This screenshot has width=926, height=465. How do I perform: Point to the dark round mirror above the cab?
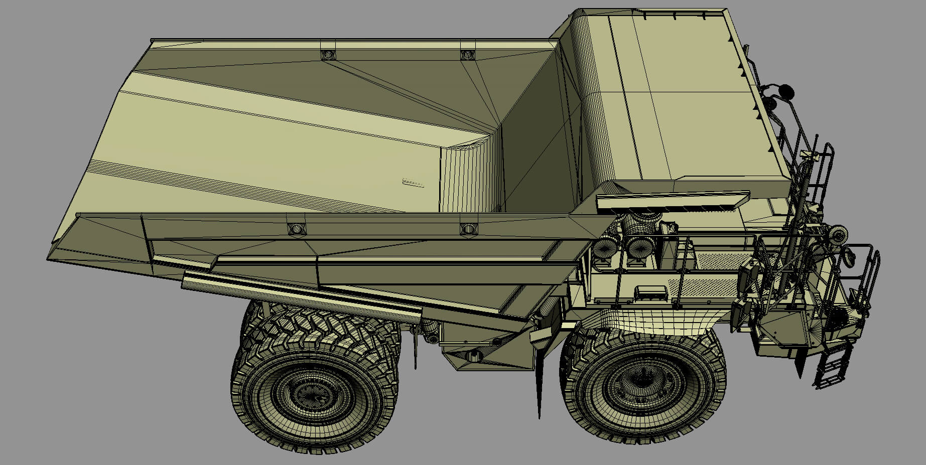[786, 91]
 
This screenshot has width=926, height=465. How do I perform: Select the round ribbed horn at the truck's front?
[837, 233]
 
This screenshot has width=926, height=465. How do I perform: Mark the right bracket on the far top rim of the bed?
[468, 54]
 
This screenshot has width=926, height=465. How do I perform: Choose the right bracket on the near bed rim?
[468, 228]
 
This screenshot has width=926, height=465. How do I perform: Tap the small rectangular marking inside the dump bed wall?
[414, 182]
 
